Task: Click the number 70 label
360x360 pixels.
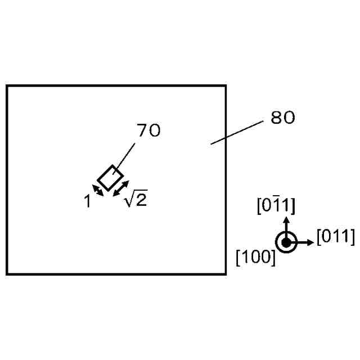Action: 149,130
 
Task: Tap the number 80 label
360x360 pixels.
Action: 283,118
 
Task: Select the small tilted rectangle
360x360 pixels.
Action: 110,178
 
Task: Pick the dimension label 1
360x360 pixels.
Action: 88,201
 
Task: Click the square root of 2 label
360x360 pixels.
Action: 136,199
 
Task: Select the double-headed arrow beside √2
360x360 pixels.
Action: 121,188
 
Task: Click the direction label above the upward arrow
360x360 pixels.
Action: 276,206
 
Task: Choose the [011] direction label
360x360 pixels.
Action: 336,237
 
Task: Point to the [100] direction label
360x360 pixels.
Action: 256,258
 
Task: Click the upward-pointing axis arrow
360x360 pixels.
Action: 286,225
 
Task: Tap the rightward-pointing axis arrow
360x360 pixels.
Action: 304,242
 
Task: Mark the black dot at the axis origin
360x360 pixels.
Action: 286,242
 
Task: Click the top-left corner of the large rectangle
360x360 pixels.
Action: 7,86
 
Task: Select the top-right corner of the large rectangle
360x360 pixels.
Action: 226,86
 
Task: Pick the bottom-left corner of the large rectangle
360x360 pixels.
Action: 7,274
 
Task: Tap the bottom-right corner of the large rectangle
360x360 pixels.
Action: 226,274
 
